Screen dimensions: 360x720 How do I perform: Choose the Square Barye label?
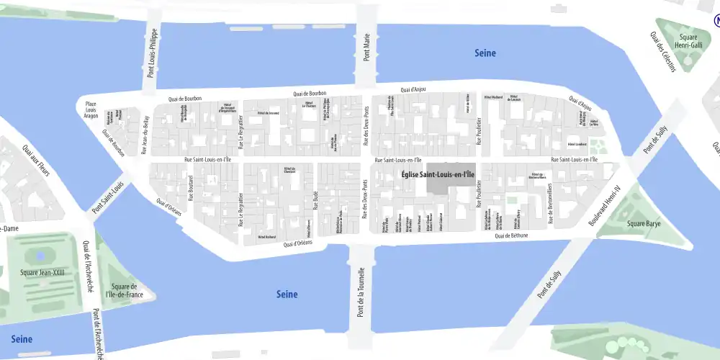click(644, 223)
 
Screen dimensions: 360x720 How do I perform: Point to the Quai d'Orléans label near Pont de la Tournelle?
click(298, 244)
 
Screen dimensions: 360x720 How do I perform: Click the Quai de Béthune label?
click(511, 235)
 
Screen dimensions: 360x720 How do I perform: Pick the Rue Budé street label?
click(315, 197)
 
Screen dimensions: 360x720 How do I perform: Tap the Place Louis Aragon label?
click(91, 109)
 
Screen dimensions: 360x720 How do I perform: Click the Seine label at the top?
click(485, 53)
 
